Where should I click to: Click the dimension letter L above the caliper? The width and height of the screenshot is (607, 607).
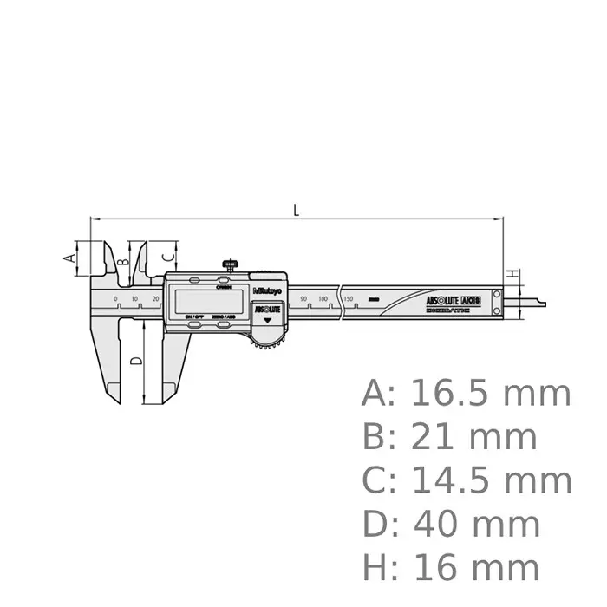[x=297, y=209]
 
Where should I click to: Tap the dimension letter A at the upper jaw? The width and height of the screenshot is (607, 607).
[x=67, y=257]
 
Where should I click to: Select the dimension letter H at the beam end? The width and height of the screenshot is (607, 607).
[x=512, y=275]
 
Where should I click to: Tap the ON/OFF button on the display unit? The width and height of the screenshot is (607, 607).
[x=193, y=317]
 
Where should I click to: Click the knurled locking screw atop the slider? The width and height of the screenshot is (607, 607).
[x=230, y=264]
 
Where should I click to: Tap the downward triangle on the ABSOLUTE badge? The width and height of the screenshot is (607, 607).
[x=267, y=320]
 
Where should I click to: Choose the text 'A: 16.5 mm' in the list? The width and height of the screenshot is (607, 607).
[x=467, y=394]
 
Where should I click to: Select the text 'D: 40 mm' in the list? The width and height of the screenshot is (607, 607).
[x=451, y=525]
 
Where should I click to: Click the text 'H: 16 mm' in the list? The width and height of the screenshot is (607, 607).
[x=451, y=568]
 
